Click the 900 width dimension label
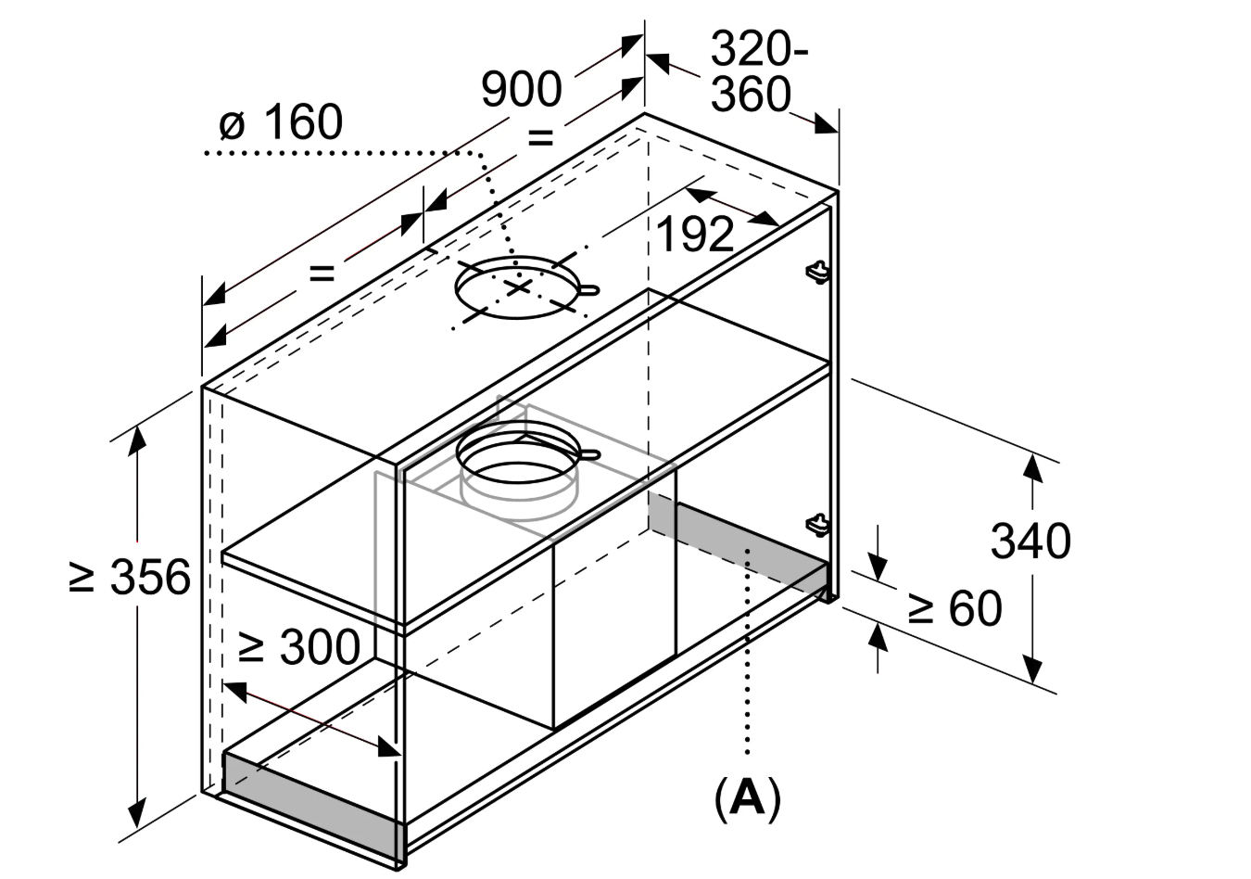[522, 89]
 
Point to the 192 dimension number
[695, 235]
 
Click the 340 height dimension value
[1030, 540]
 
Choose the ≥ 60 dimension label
[954, 608]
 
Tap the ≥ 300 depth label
[298, 646]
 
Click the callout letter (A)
[747, 797]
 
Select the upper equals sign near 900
[540, 138]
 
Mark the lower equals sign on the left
[321, 273]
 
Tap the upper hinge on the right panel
[816, 271]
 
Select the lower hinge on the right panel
[816, 524]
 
